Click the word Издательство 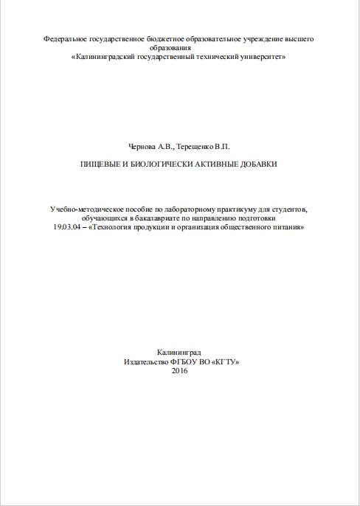point(148,361)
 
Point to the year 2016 point(179,370)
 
